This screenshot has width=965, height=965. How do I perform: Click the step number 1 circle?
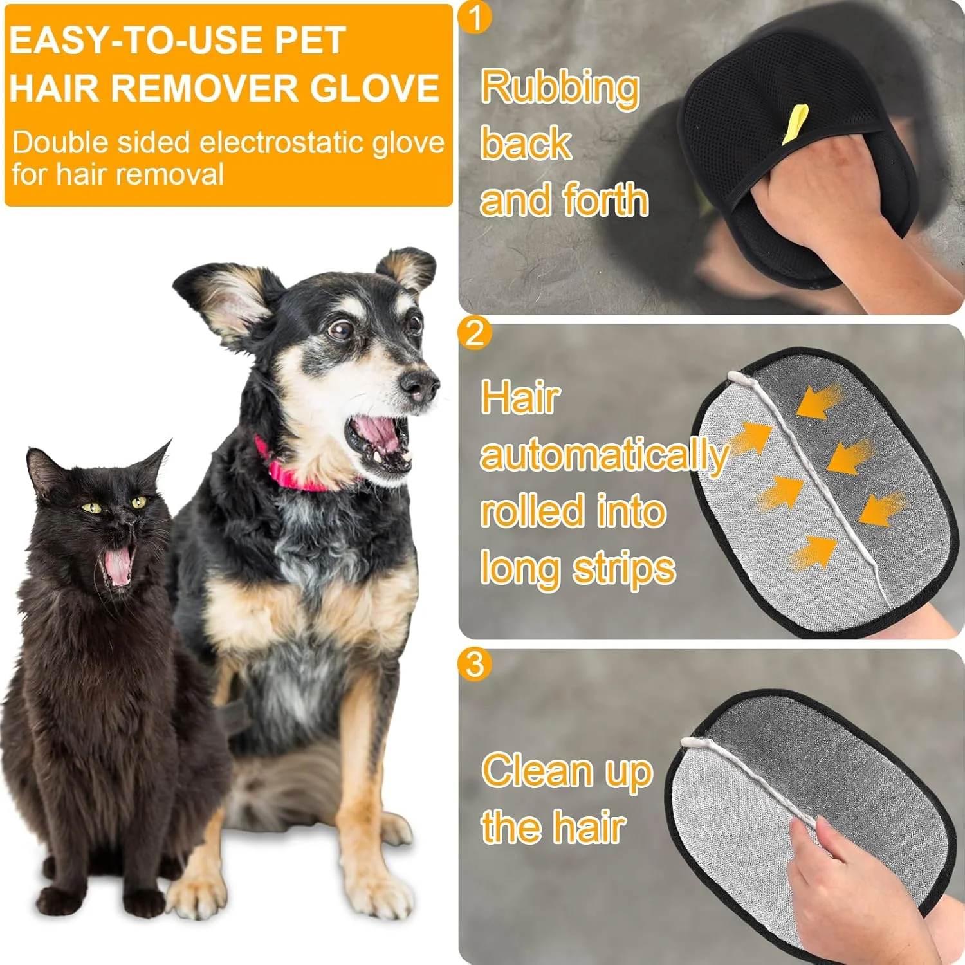[475, 17]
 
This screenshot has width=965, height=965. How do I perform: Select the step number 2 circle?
[475, 333]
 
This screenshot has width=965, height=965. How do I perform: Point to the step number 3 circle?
[475, 664]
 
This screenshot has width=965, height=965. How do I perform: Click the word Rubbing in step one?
[560, 87]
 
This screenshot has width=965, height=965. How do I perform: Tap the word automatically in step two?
[603, 455]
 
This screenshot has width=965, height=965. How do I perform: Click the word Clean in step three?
[538, 771]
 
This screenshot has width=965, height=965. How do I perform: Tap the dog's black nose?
[418, 384]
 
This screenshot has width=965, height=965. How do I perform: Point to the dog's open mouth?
[380, 437]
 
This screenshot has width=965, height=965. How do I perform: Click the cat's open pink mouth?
[118, 564]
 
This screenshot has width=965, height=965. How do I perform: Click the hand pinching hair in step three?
[849, 888]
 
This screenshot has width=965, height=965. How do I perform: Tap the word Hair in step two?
[520, 398]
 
